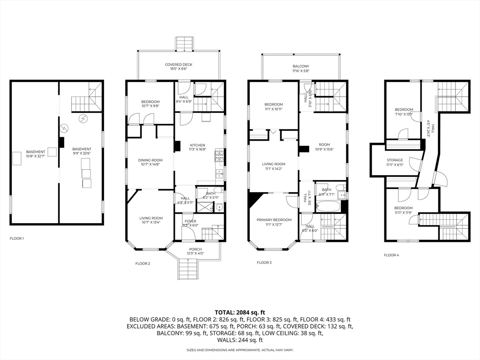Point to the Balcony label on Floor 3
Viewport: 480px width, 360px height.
(x=301, y=68)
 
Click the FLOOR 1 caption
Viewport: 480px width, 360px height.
(x=17, y=239)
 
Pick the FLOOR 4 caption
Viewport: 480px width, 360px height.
(x=391, y=255)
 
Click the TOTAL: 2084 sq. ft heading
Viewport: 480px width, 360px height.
(x=240, y=312)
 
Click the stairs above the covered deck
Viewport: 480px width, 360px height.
(x=184, y=44)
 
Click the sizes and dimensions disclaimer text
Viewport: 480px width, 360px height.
(x=240, y=350)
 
